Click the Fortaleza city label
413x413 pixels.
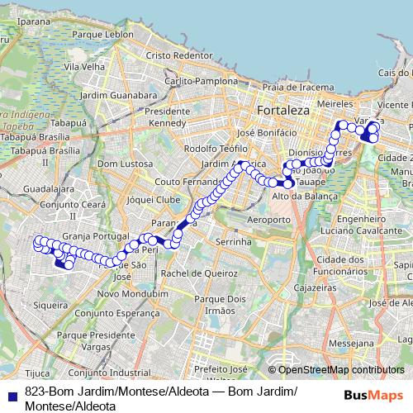[x=282, y=110]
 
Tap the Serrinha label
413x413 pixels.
[x=233, y=242]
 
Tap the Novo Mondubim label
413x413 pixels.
[x=127, y=294]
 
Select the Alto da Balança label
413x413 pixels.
[x=305, y=197]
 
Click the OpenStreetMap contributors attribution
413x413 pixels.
[x=336, y=370]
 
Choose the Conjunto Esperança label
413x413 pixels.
[x=126, y=314]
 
